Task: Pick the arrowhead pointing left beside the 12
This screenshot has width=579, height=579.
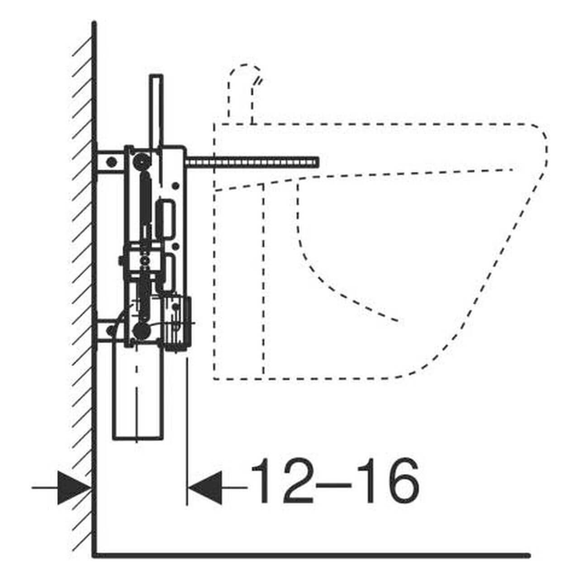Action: click(204, 488)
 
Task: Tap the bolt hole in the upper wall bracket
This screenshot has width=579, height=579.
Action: click(112, 162)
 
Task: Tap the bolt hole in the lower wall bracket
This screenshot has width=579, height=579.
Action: click(110, 331)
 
